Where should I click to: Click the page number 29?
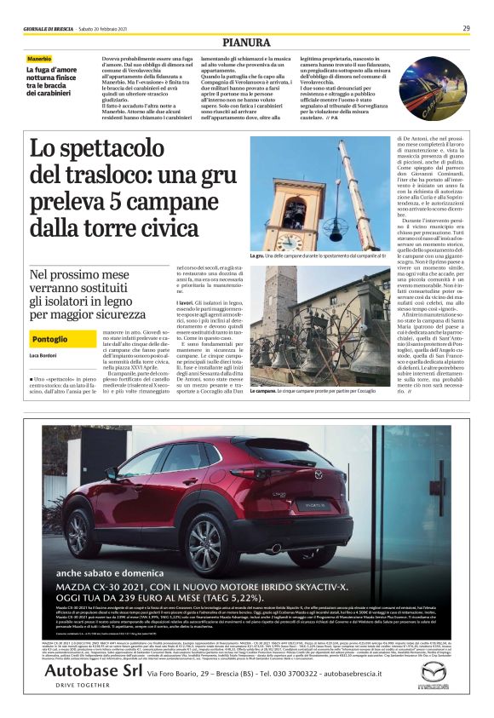pos(467,28)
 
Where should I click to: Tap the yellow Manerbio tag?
pos(38,59)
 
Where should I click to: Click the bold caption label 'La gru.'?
pos(256,256)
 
